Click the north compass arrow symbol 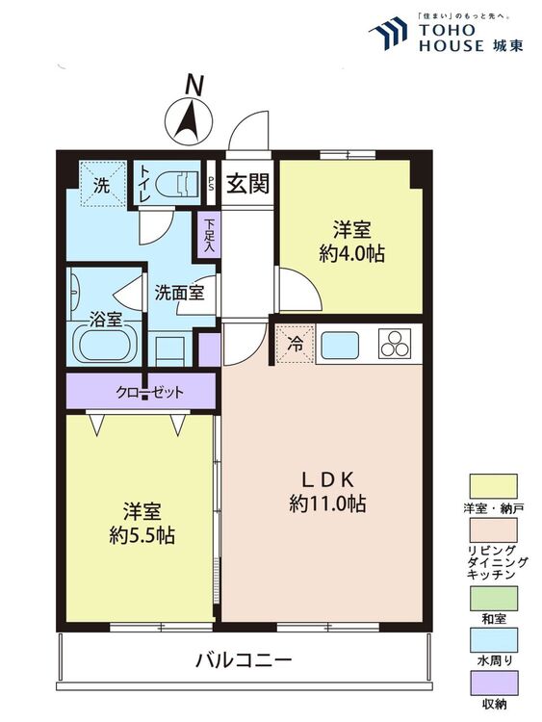[x=191, y=120]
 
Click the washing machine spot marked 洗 [x=101, y=183]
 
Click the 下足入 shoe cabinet [x=208, y=235]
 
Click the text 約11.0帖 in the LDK [x=327, y=503]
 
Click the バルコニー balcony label [x=243, y=661]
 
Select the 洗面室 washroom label [x=179, y=294]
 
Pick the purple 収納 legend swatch [x=493, y=684]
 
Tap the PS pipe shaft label [x=211, y=184]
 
